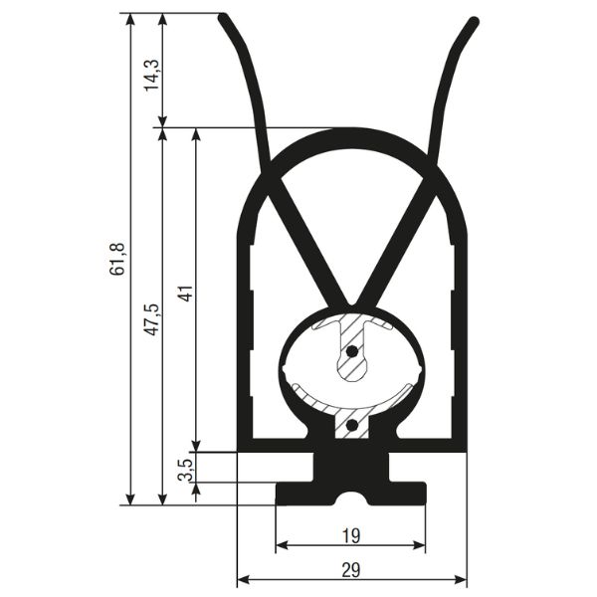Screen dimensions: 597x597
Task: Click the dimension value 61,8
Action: coord(117,259)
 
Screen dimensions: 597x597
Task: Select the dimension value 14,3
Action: coord(152,76)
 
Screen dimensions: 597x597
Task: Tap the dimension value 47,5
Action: coord(152,319)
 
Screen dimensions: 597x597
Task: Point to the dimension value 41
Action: coord(187,294)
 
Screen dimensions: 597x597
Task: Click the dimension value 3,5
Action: coord(186,470)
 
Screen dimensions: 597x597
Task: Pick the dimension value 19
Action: coord(350,536)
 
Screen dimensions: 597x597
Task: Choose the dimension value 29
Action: coord(350,570)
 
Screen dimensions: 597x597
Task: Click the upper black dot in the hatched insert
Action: coord(352,351)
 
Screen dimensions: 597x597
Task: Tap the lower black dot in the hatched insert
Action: coord(352,425)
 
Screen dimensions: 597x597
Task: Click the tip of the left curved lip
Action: coord(223,17)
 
